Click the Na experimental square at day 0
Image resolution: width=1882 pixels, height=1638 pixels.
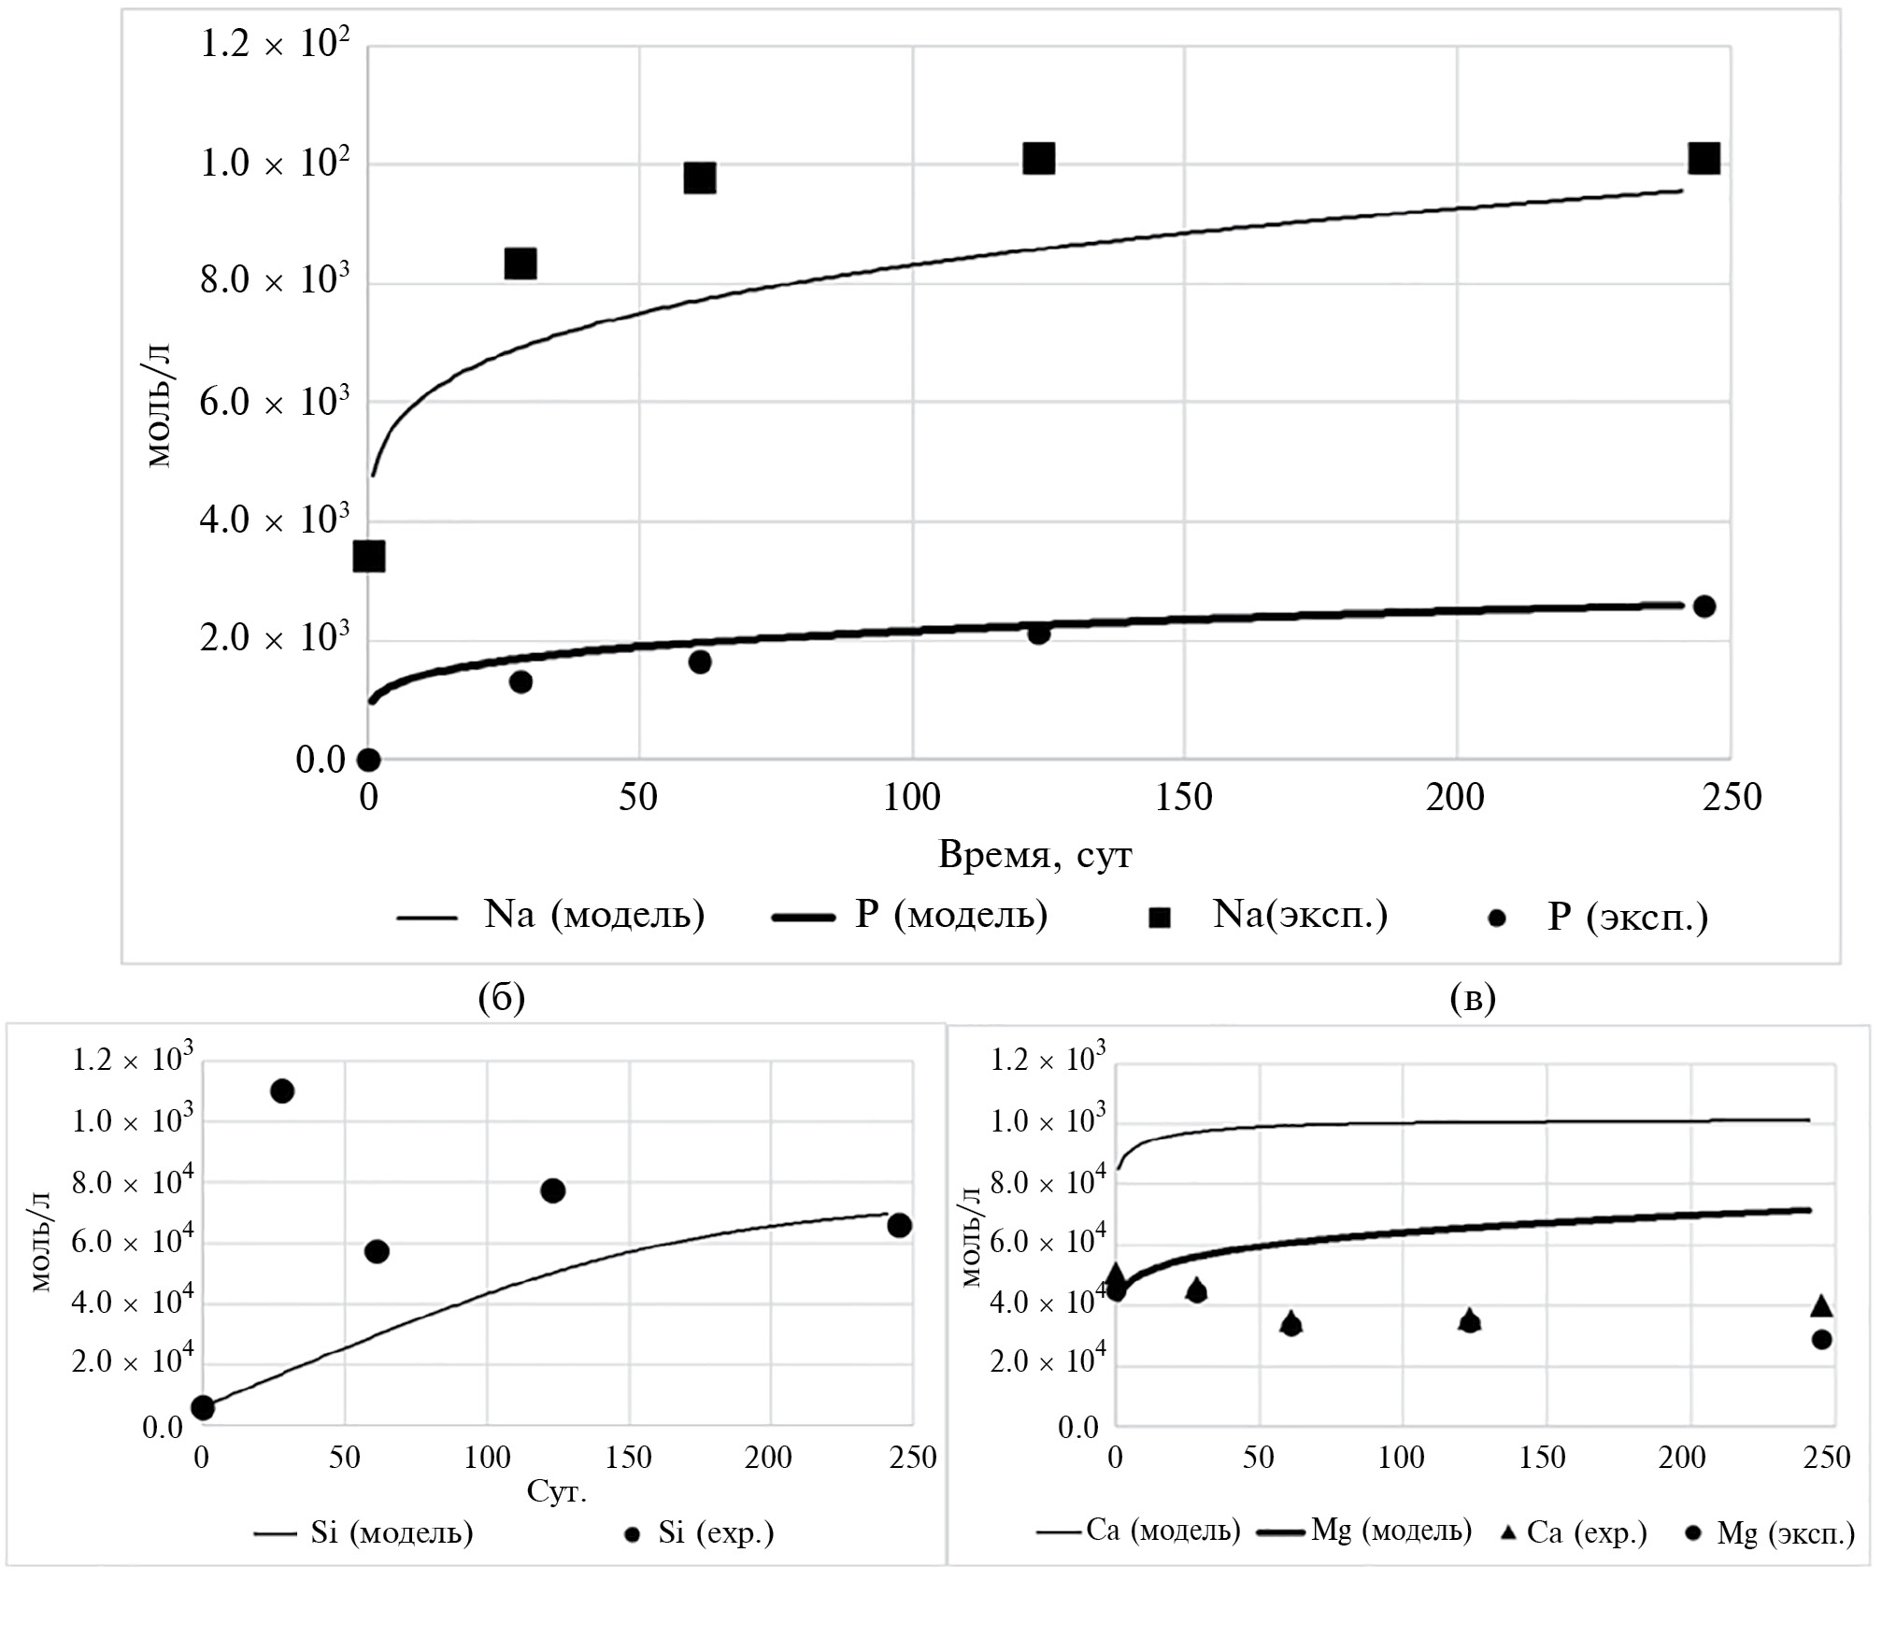tap(369, 556)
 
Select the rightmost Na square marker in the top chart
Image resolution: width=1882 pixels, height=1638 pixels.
tap(1704, 159)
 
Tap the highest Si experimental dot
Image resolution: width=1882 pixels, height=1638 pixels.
tap(282, 1090)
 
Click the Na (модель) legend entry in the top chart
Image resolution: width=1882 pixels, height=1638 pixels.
tap(551, 914)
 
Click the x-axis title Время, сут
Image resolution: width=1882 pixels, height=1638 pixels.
tap(1034, 855)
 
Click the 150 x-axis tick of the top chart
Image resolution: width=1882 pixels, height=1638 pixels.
tap(1184, 797)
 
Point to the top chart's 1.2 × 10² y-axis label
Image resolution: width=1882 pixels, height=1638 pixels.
tap(275, 44)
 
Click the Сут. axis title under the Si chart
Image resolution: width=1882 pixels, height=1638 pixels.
tap(557, 1490)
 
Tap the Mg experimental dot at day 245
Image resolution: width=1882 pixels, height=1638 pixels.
tap(1821, 1339)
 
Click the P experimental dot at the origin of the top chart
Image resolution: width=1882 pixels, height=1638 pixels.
tap(368, 759)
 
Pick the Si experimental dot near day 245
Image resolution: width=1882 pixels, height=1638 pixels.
tap(899, 1225)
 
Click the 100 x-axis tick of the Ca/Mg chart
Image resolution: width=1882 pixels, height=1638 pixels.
tap(1402, 1457)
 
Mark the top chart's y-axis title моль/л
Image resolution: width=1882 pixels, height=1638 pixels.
tap(160, 406)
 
